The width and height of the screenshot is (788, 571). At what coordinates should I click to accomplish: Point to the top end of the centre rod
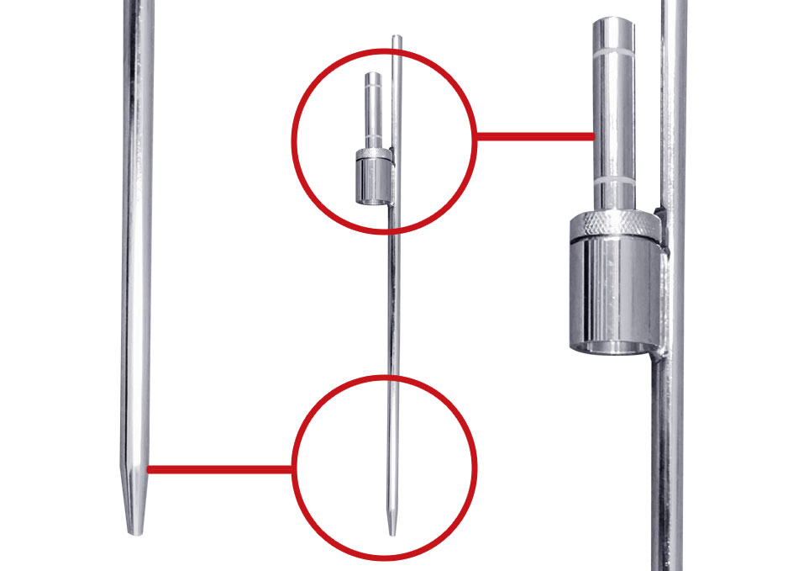(x=398, y=39)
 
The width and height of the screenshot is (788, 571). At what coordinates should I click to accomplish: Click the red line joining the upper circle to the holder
(x=534, y=135)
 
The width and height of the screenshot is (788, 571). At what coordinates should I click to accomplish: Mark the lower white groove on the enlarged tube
(x=617, y=181)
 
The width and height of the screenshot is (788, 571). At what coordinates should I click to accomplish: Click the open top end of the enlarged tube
(x=617, y=21)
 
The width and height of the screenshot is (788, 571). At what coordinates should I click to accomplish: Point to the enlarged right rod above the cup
(x=673, y=101)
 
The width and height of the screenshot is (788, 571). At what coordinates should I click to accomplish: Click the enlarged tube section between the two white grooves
(x=617, y=118)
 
